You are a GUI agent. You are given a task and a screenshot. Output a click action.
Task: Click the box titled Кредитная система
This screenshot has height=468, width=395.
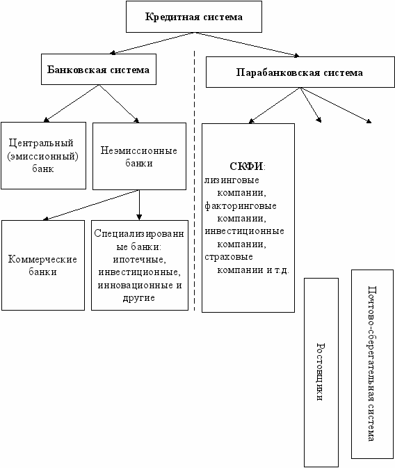(194, 17)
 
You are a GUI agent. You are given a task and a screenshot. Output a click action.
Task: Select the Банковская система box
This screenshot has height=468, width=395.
(99, 69)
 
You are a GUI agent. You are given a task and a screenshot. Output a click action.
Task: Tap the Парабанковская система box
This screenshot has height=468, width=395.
(300, 72)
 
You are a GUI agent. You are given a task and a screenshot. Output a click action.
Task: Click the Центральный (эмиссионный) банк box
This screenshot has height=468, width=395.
(44, 155)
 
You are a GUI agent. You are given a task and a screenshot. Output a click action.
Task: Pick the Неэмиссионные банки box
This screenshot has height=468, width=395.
(139, 157)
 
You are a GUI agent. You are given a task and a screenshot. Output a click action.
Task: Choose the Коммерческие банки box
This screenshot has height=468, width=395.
(43, 265)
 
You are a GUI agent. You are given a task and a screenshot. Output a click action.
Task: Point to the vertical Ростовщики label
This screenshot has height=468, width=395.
(320, 372)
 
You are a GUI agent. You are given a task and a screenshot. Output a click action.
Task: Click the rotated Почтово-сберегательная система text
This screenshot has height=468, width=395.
(371, 364)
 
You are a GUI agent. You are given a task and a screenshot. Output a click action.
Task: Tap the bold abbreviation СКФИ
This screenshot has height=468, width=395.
(247, 166)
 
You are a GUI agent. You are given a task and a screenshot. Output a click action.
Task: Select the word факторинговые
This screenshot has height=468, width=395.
(241, 206)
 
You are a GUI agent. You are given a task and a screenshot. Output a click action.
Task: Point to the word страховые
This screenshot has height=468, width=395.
(229, 257)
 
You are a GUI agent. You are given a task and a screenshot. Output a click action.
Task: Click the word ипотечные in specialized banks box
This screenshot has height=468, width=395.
(139, 259)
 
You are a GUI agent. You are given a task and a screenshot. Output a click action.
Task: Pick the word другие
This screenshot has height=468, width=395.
(139, 298)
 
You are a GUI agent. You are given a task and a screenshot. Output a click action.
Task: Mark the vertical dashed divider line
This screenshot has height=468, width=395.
(194, 180)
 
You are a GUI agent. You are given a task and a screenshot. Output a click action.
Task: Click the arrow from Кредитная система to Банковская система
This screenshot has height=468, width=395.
(152, 43)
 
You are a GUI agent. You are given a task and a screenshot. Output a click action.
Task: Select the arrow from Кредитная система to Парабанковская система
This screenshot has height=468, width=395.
(247, 44)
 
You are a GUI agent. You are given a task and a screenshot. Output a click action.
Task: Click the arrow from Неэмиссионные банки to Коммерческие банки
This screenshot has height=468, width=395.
(91, 205)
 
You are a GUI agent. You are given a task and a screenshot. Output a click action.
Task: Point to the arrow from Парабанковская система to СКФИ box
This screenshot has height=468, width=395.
(274, 105)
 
